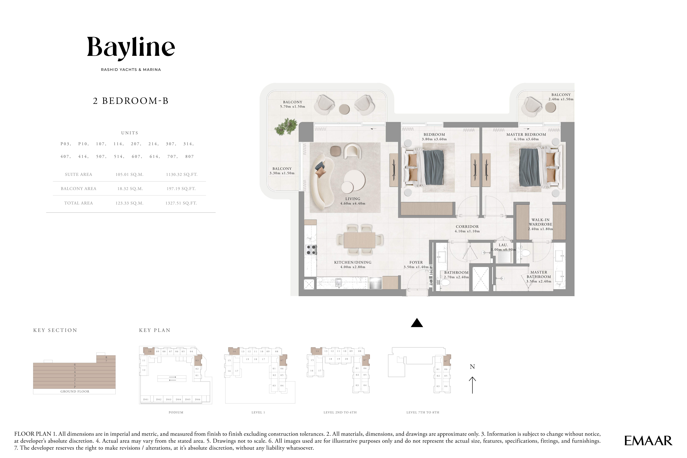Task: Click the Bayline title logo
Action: (x=131, y=48)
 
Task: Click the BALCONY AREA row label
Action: (x=78, y=189)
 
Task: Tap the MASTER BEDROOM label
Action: (x=526, y=135)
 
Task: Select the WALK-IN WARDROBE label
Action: (x=541, y=222)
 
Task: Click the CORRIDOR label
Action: (x=467, y=227)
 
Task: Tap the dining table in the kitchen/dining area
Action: (x=359, y=240)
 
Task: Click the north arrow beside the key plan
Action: (x=472, y=385)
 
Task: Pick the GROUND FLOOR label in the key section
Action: (x=75, y=391)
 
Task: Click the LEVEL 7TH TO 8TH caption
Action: (x=423, y=412)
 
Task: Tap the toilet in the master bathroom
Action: (x=525, y=253)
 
